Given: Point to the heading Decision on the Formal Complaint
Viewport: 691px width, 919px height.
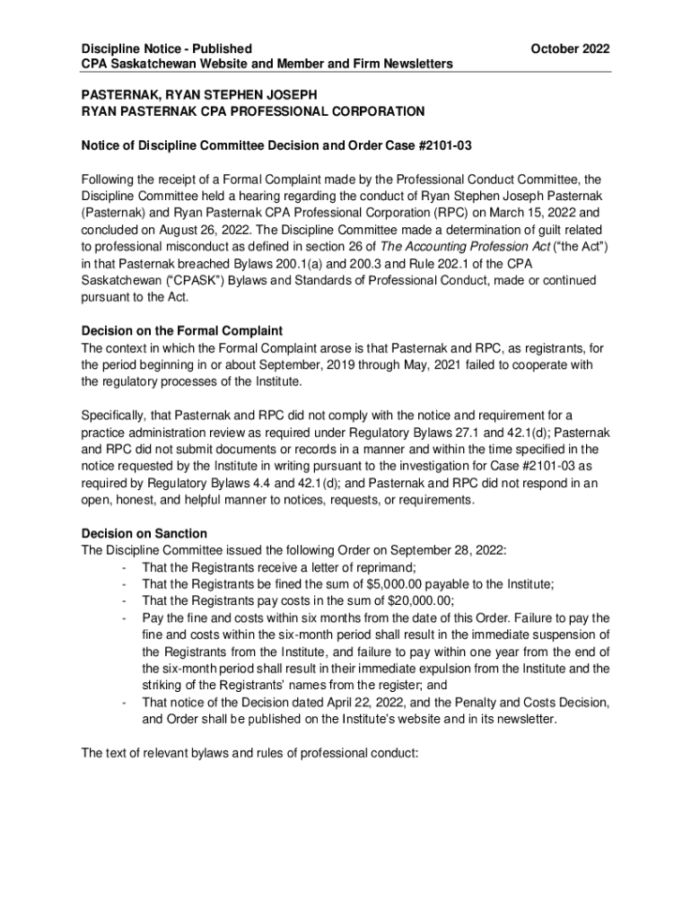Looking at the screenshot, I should (182, 331).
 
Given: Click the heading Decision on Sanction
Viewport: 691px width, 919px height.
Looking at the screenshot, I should (144, 533).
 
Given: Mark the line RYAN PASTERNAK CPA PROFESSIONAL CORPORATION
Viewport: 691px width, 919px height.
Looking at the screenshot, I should (254, 112).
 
